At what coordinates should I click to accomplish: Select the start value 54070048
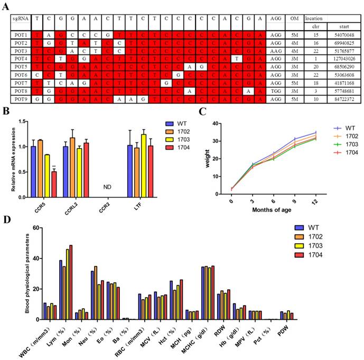click(x=344, y=33)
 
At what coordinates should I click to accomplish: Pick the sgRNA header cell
click(x=21, y=19)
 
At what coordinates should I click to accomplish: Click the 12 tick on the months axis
click(x=316, y=201)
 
